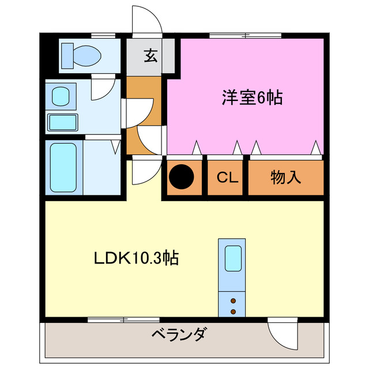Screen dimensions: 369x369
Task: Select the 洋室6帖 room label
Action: pos(252,98)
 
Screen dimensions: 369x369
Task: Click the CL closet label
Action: pos(228,178)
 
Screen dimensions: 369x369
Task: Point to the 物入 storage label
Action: pos(286,178)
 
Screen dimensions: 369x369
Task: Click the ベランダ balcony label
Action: pos(179,334)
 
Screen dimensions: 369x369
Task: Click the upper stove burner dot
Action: pos(233,301)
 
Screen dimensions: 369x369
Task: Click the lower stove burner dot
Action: pos(233,311)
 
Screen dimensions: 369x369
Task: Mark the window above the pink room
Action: pos(246,35)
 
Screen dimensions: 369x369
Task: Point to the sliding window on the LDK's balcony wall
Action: pos(115,319)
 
